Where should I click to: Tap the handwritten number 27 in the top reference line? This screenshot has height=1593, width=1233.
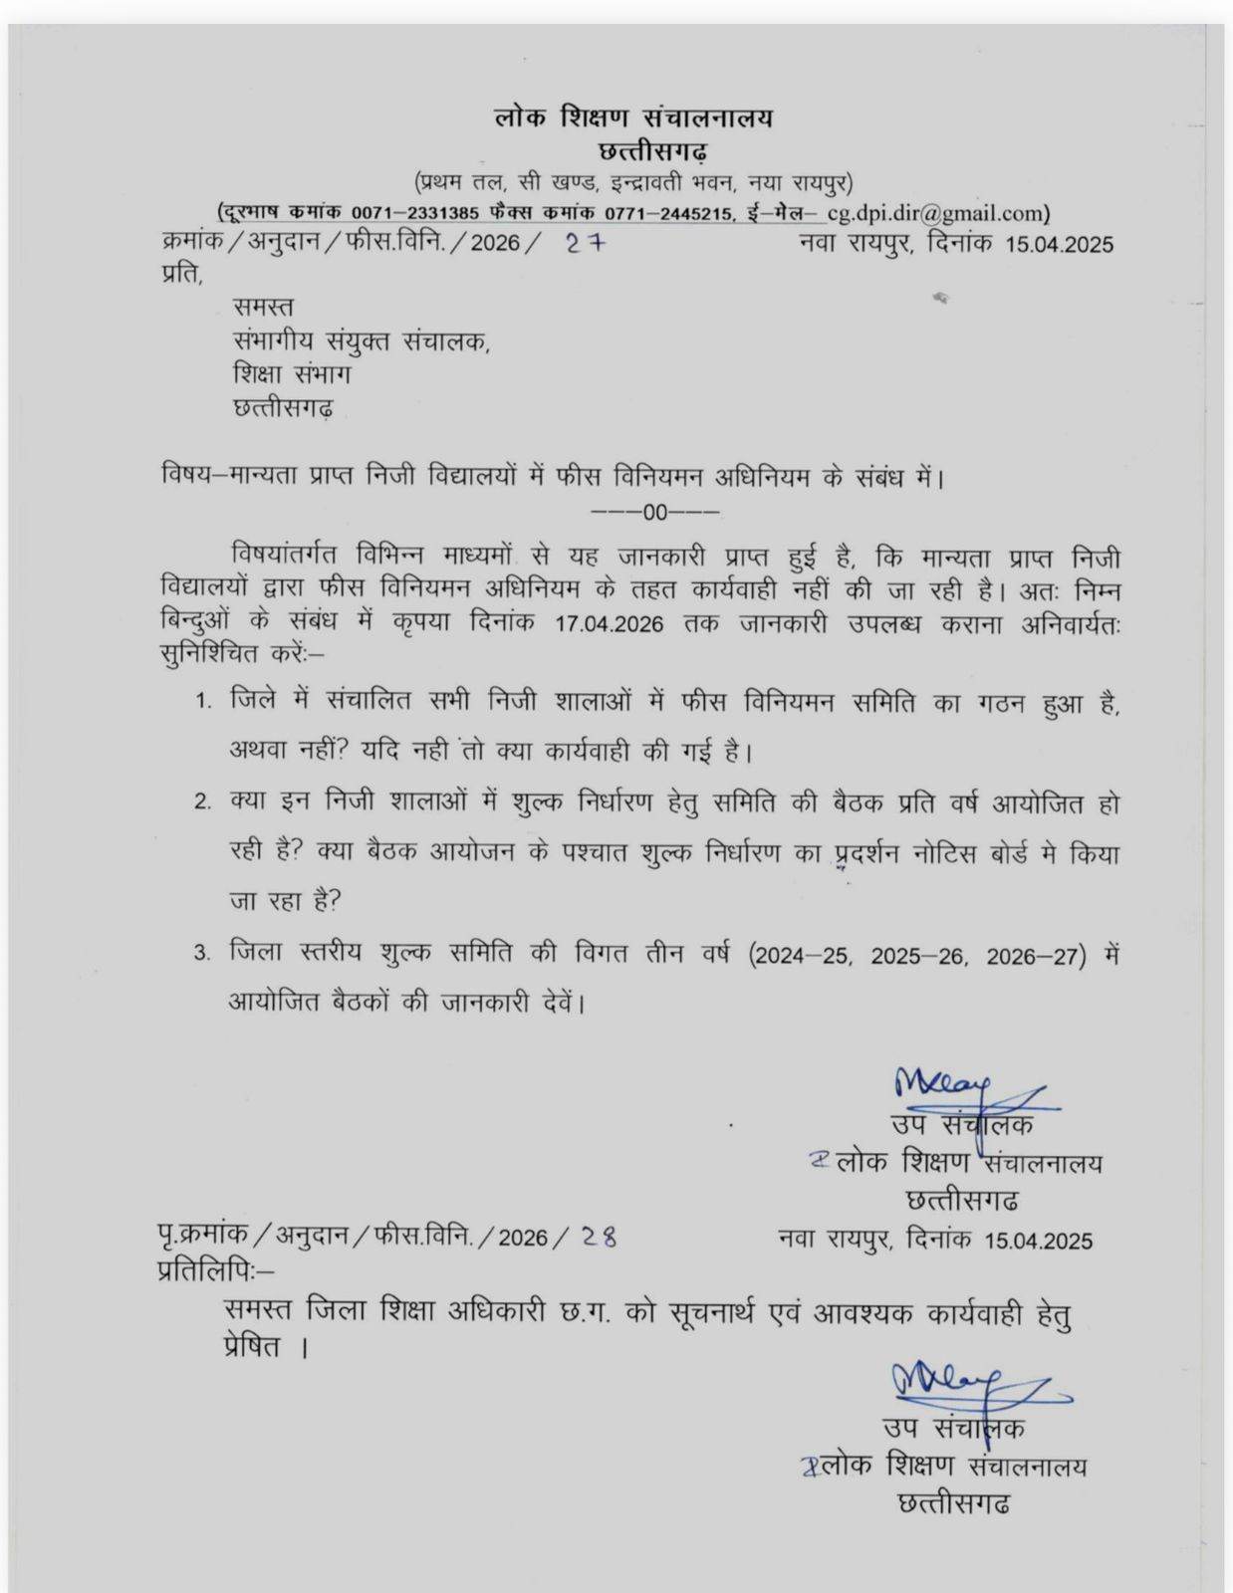click(x=585, y=243)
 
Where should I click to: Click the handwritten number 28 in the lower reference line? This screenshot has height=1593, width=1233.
click(x=599, y=1237)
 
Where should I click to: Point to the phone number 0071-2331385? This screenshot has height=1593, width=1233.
click(x=415, y=213)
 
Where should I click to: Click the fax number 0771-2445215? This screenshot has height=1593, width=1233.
click(x=667, y=213)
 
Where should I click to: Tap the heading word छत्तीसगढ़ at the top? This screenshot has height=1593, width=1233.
click(x=653, y=152)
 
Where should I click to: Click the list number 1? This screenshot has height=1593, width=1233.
click(x=203, y=701)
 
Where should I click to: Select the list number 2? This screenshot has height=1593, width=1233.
click(x=203, y=802)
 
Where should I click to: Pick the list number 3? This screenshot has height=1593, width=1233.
click(x=203, y=954)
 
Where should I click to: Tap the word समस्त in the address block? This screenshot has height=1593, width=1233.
click(x=263, y=307)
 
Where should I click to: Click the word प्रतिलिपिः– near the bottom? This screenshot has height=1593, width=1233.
click(x=214, y=1271)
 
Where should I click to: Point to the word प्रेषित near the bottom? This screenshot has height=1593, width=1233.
click(x=253, y=1347)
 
